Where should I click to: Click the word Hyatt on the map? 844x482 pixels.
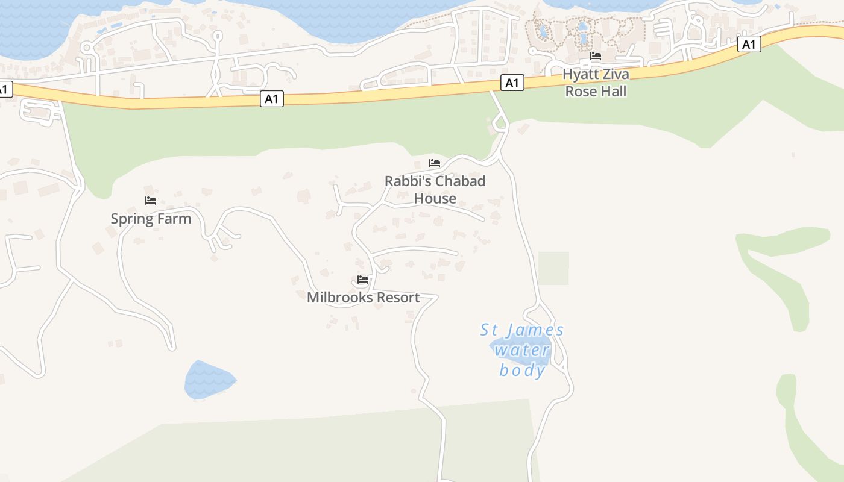tap(577, 75)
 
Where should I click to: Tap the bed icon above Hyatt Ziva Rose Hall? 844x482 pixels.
tap(596, 56)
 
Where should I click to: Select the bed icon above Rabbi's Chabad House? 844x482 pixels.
tap(434, 163)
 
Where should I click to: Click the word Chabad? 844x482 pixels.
tap(460, 181)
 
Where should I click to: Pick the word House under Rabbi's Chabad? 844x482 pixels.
tap(435, 198)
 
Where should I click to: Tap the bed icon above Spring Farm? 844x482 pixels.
tap(151, 201)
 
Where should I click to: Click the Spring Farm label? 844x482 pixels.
tap(151, 219)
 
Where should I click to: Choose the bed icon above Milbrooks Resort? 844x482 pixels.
tap(363, 280)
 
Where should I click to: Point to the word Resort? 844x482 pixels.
tap(395, 298)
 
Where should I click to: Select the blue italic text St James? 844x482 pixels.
tap(522, 330)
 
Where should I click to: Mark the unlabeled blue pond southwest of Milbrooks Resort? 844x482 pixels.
tap(209, 380)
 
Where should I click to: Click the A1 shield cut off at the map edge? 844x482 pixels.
tap(4, 89)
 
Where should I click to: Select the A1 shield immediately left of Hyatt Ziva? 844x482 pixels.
tap(512, 83)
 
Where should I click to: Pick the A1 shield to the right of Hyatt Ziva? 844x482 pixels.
tap(749, 44)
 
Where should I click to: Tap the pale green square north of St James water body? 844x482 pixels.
tap(553, 268)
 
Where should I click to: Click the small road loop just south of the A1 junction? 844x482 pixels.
tap(500, 124)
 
